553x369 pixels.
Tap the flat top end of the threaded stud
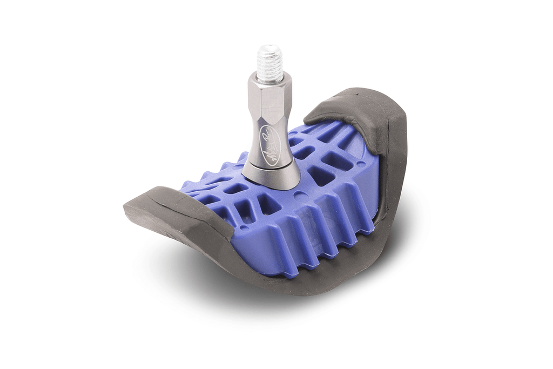(269, 48)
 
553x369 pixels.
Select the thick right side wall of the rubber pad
(394, 162)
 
